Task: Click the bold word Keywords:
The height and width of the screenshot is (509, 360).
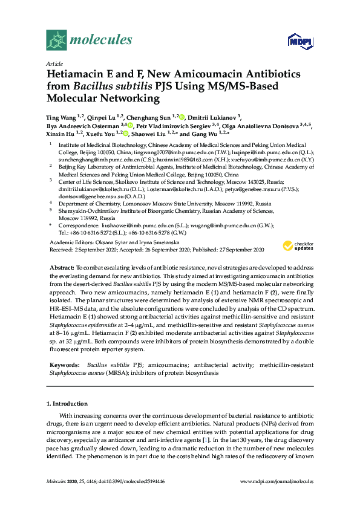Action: (64, 366)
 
